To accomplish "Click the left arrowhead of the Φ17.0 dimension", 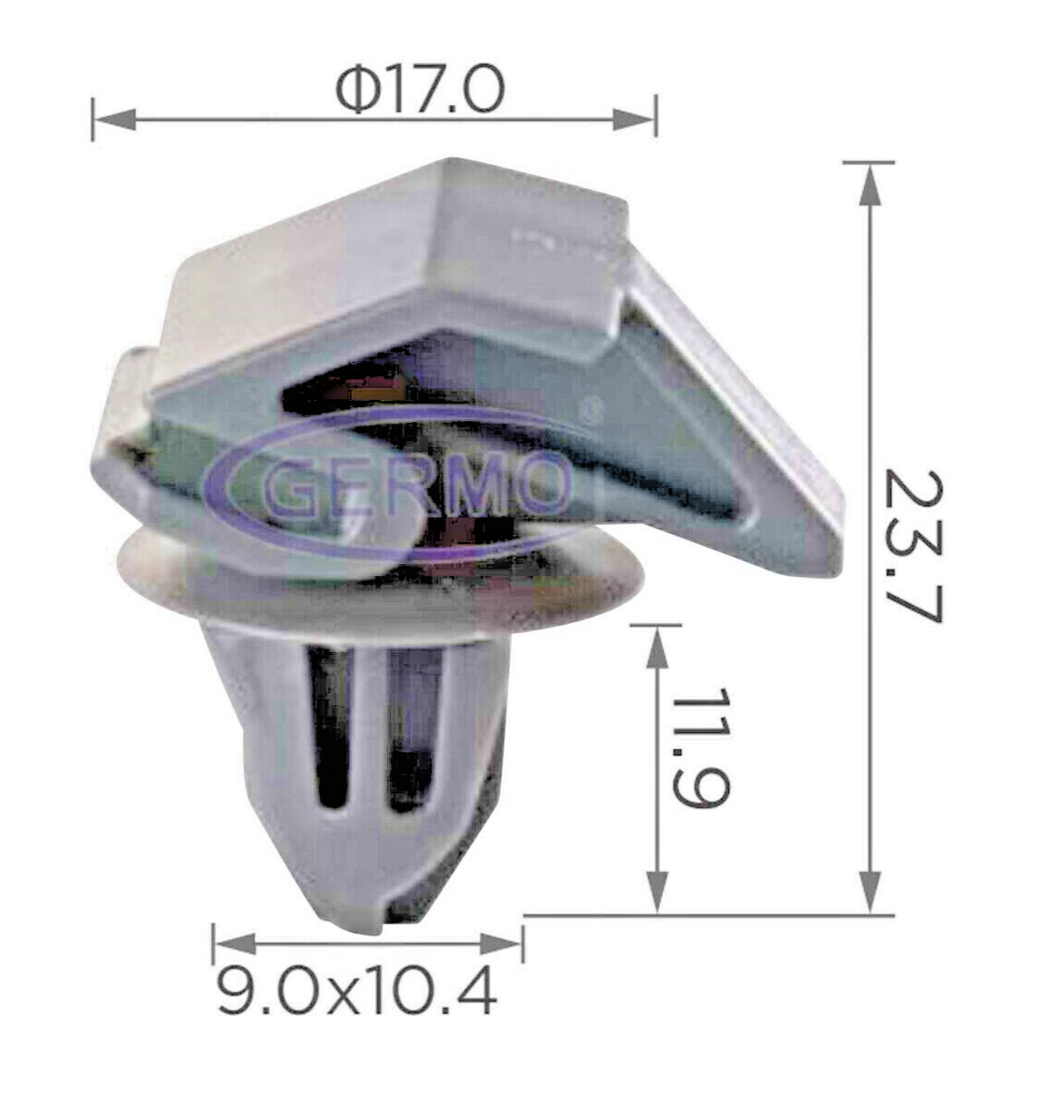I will (114, 118).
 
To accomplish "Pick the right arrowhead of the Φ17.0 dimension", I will (634, 118).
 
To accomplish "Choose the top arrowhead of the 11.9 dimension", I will (657, 647).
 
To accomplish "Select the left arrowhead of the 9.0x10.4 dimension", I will (235, 943).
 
